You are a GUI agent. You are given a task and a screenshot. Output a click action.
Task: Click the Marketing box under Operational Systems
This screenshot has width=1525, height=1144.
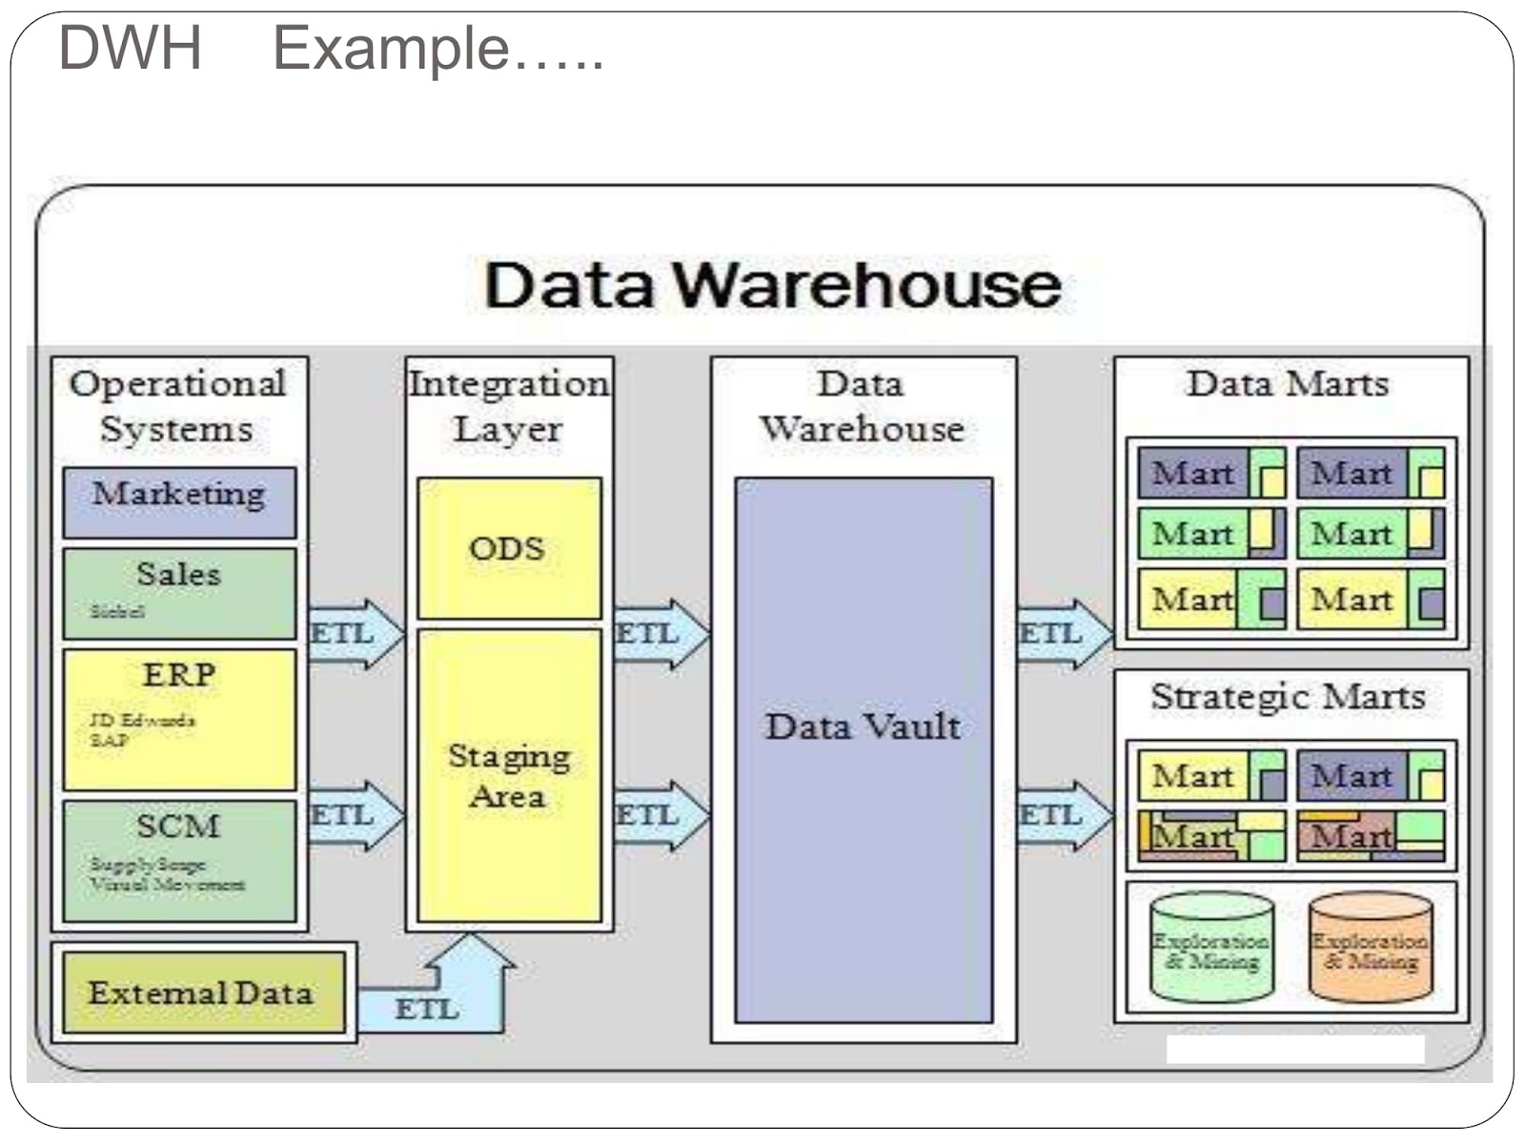pos(179,501)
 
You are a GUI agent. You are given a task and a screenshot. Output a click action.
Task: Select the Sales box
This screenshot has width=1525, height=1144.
pos(179,592)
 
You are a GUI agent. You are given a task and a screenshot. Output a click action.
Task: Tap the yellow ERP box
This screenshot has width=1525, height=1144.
pos(179,719)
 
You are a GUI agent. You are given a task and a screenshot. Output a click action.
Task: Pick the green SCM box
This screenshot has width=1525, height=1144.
pos(179,860)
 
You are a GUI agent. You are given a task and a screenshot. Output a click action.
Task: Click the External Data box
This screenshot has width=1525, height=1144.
pos(202,992)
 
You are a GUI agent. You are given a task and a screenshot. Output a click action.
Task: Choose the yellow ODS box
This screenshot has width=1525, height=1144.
pos(509,548)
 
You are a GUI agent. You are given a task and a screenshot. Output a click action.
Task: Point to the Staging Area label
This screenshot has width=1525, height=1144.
pos(509,776)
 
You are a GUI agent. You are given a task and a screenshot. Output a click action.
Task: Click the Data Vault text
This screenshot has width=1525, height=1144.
pos(863,726)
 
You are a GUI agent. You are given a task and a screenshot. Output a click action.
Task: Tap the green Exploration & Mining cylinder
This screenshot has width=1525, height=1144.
pos(1211,948)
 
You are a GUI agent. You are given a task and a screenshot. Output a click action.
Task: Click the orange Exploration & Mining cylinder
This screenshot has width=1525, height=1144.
pos(1370,948)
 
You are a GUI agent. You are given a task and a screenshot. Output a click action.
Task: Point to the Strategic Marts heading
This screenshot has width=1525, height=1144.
pos(1288,697)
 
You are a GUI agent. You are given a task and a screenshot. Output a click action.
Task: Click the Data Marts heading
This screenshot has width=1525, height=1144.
pos(1288,384)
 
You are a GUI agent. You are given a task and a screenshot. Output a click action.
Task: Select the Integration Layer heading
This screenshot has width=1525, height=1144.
pos(509,406)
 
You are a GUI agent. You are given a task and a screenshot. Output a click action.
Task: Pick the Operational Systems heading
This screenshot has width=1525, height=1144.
pos(178,406)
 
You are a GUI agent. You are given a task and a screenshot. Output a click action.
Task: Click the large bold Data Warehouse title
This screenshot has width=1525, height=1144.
pos(772,285)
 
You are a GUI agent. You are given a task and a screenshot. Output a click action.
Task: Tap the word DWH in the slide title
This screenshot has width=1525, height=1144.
pos(131,48)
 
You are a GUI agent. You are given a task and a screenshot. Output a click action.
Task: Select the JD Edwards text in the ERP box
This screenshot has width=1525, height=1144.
pos(142,720)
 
